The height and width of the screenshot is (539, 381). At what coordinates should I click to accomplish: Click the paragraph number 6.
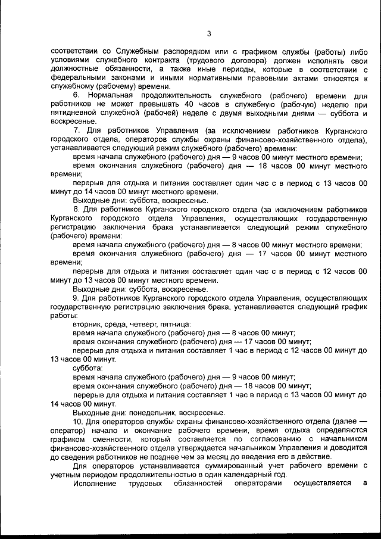pos(76,95)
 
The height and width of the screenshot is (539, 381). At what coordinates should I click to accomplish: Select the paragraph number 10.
pos(77,422)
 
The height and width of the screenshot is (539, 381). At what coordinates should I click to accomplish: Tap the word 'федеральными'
pos(78,78)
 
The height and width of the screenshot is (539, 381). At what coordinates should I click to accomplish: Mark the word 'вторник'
pos(86,323)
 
